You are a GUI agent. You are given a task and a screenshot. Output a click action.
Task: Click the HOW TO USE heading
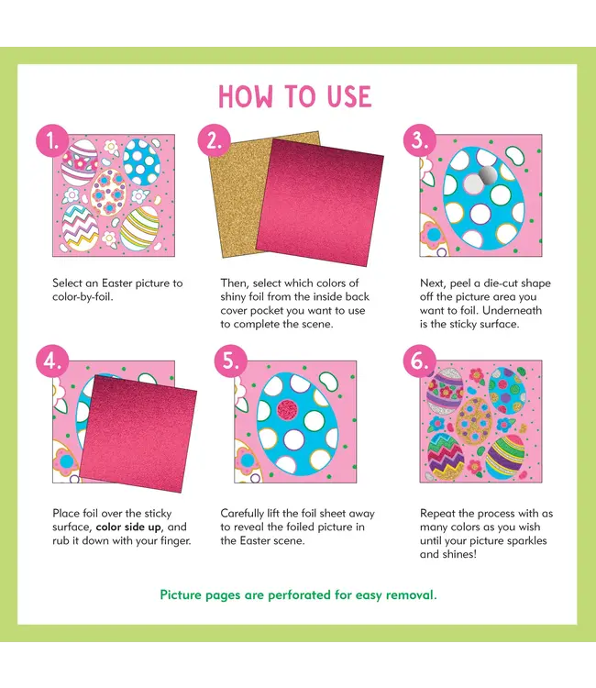294,97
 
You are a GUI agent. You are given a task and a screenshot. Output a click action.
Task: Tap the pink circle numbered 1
52,143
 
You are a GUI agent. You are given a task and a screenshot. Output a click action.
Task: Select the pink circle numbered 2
214,143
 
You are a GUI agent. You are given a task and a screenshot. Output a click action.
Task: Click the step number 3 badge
419,143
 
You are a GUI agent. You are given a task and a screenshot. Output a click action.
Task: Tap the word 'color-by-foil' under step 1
83,296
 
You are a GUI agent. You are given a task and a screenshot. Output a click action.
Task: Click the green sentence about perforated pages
298,594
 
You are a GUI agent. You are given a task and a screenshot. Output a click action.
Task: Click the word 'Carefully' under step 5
245,514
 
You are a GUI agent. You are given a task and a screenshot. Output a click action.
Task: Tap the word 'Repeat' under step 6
439,514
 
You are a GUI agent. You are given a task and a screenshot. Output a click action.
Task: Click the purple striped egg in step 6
447,392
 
